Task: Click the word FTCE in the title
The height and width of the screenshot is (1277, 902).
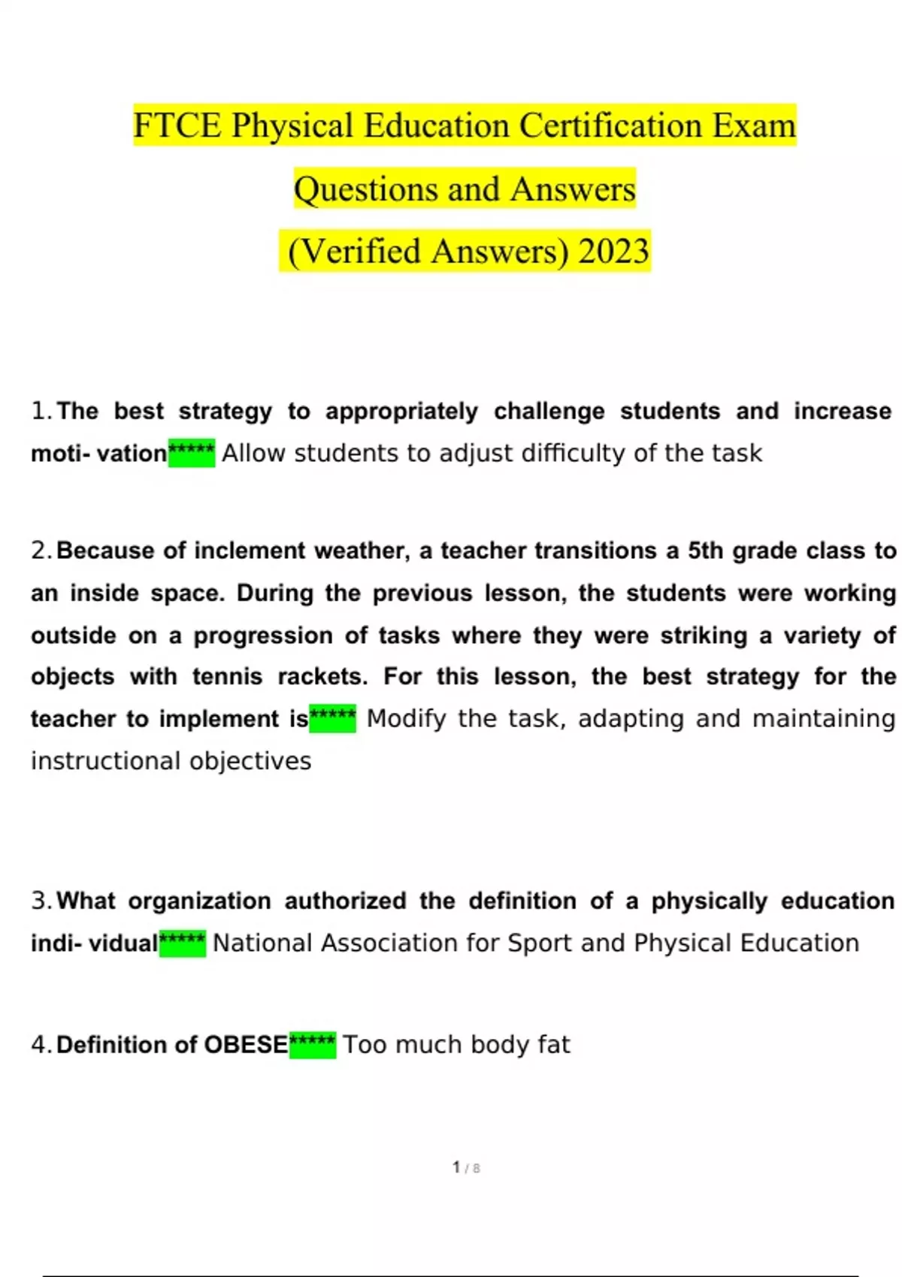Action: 178,125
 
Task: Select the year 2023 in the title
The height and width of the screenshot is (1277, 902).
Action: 613,252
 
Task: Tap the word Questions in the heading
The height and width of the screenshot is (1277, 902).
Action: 365,189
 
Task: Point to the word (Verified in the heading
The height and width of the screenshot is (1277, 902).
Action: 354,252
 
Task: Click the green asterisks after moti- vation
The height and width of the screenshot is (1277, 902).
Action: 192,453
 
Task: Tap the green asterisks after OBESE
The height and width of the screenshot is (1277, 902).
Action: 313,1044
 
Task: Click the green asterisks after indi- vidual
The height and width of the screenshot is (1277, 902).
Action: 183,943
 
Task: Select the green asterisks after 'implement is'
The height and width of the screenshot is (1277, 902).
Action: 333,719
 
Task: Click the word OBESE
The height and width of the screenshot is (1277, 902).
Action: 246,1045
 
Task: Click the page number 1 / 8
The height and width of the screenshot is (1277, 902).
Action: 466,1168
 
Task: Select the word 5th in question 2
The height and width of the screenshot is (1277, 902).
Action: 703,551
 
